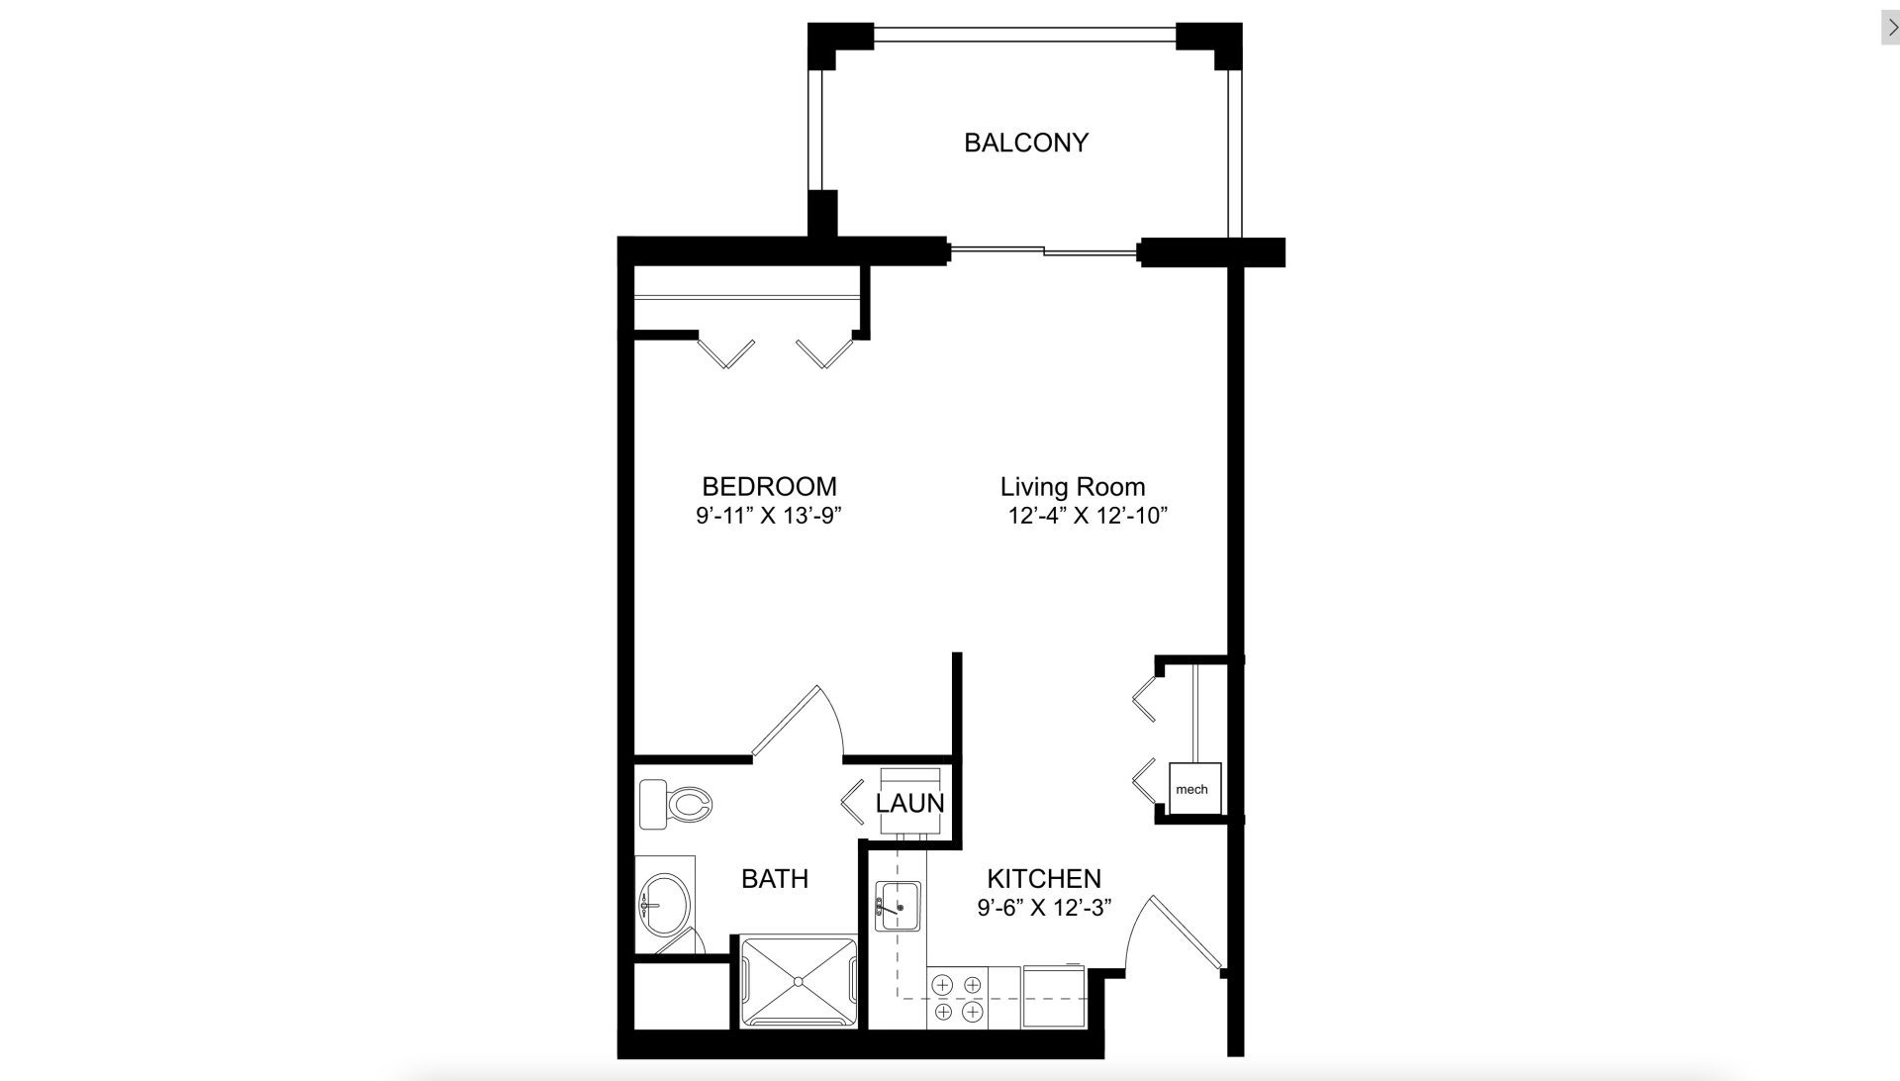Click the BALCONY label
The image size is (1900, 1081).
click(1026, 143)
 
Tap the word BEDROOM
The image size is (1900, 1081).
click(769, 486)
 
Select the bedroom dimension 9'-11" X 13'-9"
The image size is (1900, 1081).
click(769, 516)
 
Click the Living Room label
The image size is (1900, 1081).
click(1073, 487)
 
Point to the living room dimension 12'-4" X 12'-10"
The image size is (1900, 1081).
click(1089, 516)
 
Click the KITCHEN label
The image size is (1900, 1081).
click(1044, 878)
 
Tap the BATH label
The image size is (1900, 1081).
click(775, 878)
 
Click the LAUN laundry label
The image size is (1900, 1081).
click(909, 803)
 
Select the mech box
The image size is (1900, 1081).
click(1194, 789)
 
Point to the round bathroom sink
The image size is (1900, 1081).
click(663, 904)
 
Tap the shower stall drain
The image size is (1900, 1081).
click(799, 982)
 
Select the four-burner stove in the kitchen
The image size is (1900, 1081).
click(958, 999)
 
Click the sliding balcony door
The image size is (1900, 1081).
click(1043, 252)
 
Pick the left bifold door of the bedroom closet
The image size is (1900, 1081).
click(727, 353)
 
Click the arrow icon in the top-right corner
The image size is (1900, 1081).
click(1891, 28)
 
